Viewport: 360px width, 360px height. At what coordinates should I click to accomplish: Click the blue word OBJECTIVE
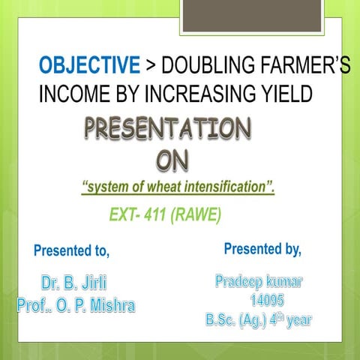pyautogui.click(x=89, y=67)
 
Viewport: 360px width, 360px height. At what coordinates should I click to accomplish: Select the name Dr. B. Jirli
pyautogui.click(x=73, y=285)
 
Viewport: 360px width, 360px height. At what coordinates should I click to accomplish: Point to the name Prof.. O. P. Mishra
pyautogui.click(x=76, y=306)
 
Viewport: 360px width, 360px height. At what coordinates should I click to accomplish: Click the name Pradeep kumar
pyautogui.click(x=259, y=283)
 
